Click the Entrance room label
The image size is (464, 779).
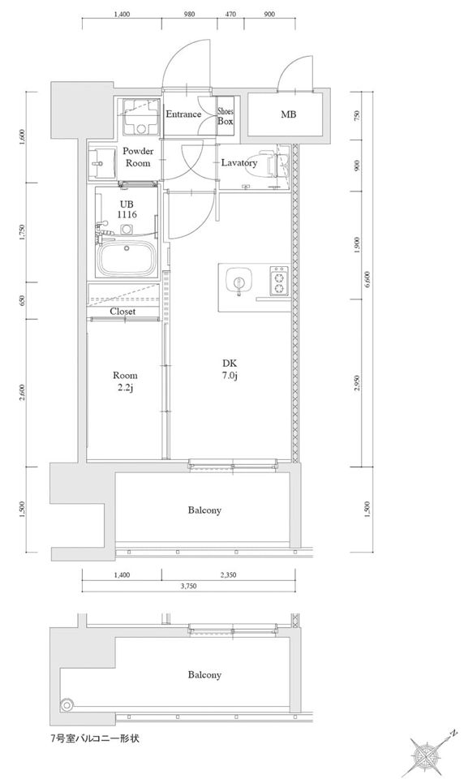(183, 114)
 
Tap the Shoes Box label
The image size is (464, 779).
(225, 117)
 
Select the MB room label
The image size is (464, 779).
(288, 114)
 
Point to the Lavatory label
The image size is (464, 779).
(239, 163)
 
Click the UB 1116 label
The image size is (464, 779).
(127, 209)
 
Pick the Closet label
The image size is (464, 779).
(122, 312)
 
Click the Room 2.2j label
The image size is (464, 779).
(125, 381)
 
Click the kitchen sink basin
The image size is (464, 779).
(239, 282)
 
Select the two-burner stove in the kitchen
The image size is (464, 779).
(278, 282)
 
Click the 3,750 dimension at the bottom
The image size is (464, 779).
(188, 586)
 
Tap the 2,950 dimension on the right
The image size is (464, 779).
(357, 383)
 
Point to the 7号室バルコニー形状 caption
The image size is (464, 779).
(90, 738)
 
